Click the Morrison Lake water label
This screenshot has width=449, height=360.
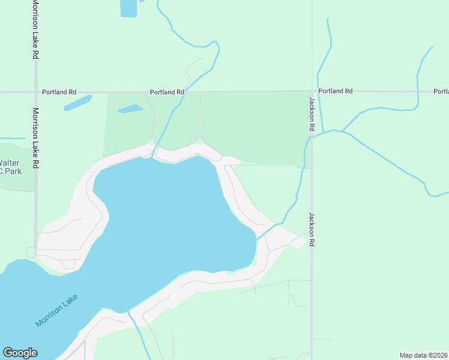[x=57, y=311]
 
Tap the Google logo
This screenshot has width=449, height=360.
[x=20, y=353]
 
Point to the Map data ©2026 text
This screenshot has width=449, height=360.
[x=424, y=355]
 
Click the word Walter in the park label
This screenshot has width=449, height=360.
[x=9, y=163]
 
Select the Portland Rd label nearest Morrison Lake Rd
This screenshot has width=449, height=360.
[x=59, y=92]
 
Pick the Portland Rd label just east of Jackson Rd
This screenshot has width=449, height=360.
[x=335, y=91]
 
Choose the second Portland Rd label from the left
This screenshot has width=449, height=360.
[x=166, y=92]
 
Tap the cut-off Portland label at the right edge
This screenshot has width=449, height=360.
[x=441, y=91]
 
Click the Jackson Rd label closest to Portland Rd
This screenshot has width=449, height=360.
[x=312, y=114]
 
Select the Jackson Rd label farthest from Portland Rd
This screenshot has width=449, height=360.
[x=312, y=230]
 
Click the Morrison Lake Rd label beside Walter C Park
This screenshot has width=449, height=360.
[x=36, y=137]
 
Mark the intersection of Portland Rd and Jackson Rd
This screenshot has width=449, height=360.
[x=312, y=92]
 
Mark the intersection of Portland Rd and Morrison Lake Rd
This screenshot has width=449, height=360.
[x=36, y=92]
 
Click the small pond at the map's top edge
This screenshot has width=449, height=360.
[x=128, y=8]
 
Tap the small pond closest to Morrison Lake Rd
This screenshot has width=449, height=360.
[x=77, y=103]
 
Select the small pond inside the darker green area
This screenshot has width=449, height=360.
[x=130, y=109]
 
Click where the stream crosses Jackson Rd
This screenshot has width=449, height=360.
[x=312, y=136]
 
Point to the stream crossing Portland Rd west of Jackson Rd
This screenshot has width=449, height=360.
[x=185, y=92]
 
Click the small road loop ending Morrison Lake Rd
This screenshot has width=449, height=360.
[x=31, y=253]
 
